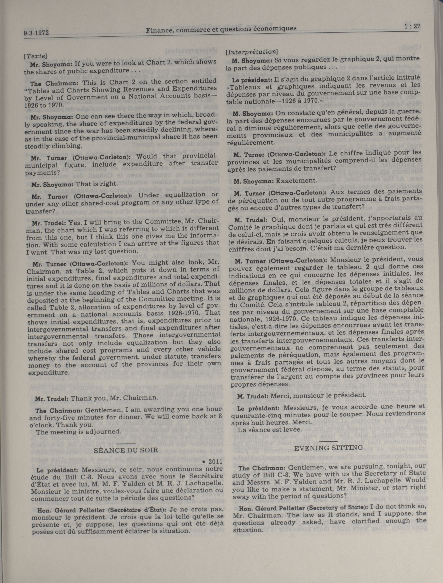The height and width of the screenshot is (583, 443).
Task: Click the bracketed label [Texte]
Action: pos(35,56)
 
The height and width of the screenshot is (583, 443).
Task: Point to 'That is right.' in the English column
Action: pos(96,184)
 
